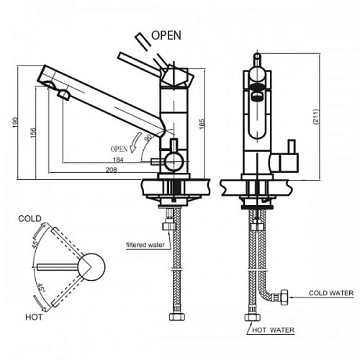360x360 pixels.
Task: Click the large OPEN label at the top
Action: [166, 35]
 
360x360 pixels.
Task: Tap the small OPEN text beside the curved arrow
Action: [119, 149]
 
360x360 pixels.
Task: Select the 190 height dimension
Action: [16, 122]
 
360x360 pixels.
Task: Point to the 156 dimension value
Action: [33, 132]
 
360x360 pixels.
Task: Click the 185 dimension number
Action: [202, 124]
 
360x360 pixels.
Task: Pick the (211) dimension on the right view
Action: [316, 117]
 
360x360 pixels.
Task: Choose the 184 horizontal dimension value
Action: [118, 160]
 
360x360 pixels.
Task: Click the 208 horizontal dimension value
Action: [112, 169]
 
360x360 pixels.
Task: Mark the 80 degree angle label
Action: [148, 138]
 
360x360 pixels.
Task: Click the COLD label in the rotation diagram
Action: [30, 219]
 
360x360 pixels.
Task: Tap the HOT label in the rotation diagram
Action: [34, 317]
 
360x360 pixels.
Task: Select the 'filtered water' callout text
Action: [145, 245]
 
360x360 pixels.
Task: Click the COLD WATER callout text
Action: [331, 293]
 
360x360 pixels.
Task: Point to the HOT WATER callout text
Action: [273, 330]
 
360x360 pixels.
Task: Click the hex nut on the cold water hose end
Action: [284, 297]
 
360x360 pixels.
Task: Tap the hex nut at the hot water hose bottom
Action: [252, 317]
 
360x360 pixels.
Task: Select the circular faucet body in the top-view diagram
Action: [91, 267]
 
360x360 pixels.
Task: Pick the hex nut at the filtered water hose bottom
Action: [177, 317]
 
